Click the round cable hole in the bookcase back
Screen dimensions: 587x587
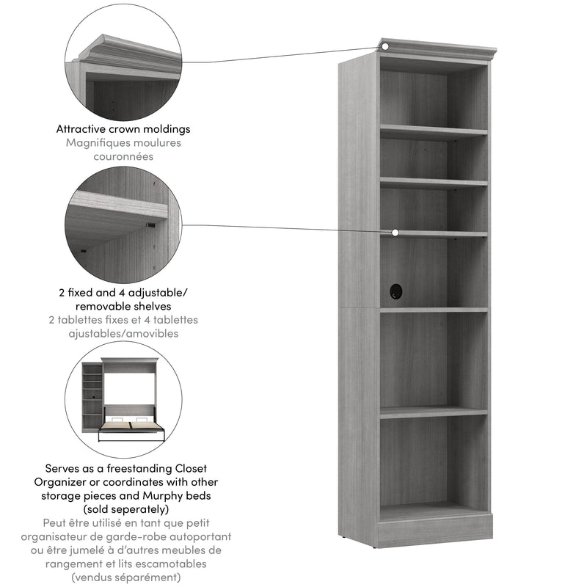coord(396,291)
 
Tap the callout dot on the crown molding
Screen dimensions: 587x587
coord(384,47)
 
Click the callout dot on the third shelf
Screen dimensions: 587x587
coord(395,233)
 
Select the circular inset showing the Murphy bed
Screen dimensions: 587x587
coord(123,399)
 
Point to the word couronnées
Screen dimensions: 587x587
coord(123,156)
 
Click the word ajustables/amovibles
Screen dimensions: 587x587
coord(123,333)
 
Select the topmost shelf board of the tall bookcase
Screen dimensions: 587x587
coord(433,132)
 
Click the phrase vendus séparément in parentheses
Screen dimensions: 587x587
coord(123,577)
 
